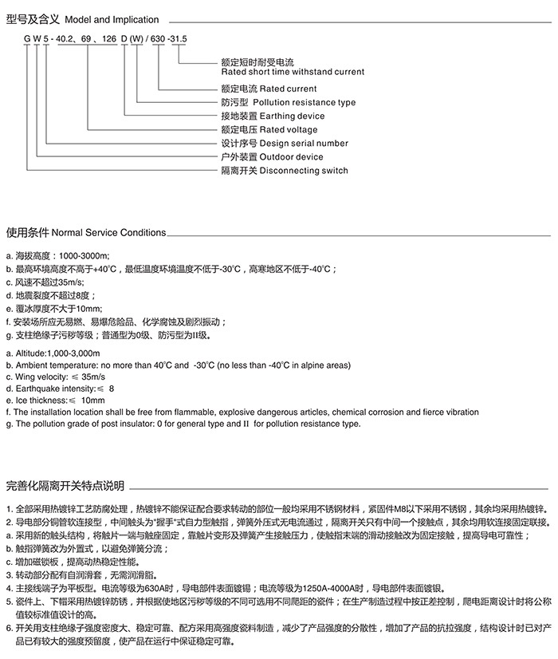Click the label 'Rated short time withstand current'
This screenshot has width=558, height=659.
[x=293, y=72]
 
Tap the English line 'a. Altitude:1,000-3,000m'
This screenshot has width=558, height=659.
[x=53, y=353]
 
